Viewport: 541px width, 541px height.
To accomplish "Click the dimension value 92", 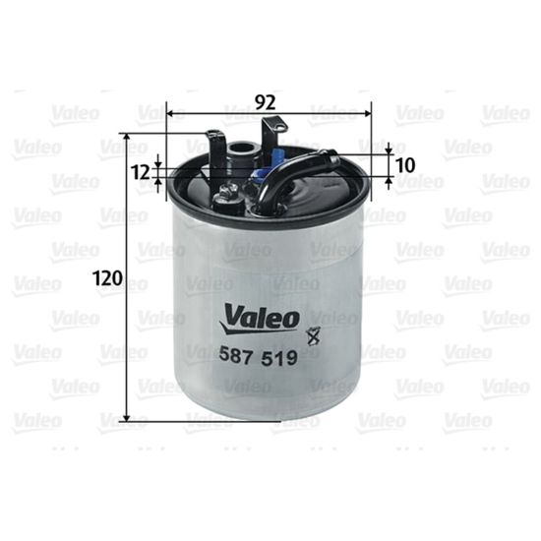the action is pos(266,102).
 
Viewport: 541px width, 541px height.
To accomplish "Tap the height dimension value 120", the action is pos(108,278).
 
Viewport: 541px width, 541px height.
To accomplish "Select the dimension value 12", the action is pos(141,172).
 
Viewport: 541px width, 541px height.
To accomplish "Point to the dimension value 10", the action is pos(404,165).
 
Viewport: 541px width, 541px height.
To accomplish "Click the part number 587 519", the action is pos(259,357).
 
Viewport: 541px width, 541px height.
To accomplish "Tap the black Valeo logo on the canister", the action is pos(259,319).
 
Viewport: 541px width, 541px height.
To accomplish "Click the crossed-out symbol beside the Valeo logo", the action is pos(313,335).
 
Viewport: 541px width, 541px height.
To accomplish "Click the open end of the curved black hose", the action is pos(333,159).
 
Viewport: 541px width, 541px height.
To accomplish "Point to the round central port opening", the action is pos(243,149).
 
